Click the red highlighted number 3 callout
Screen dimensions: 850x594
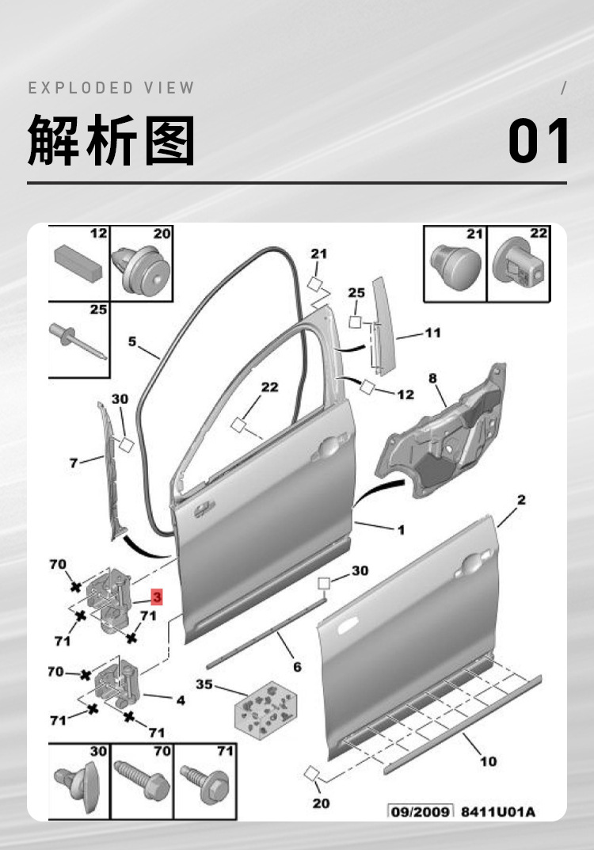pyautogui.click(x=157, y=596)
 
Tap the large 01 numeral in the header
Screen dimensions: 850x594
pyautogui.click(x=539, y=142)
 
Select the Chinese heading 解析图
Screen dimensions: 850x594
pyautogui.click(x=112, y=140)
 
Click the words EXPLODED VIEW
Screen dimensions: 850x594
pyautogui.click(x=112, y=88)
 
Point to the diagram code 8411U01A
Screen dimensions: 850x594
pyautogui.click(x=497, y=811)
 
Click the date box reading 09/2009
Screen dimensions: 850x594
pyautogui.click(x=421, y=811)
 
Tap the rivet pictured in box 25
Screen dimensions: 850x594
pyautogui.click(x=79, y=338)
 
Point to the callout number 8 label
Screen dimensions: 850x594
pyautogui.click(x=433, y=379)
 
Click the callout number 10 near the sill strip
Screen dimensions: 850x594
pyautogui.click(x=488, y=761)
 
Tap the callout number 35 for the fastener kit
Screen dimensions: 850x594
pyautogui.click(x=204, y=684)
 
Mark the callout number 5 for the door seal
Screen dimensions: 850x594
pyautogui.click(x=132, y=342)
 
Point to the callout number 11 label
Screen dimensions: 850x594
pyautogui.click(x=432, y=333)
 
